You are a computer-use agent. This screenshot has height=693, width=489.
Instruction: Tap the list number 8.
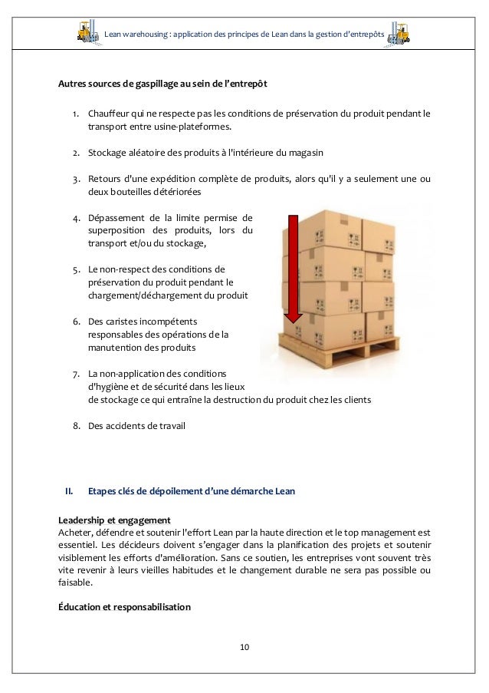77,425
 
